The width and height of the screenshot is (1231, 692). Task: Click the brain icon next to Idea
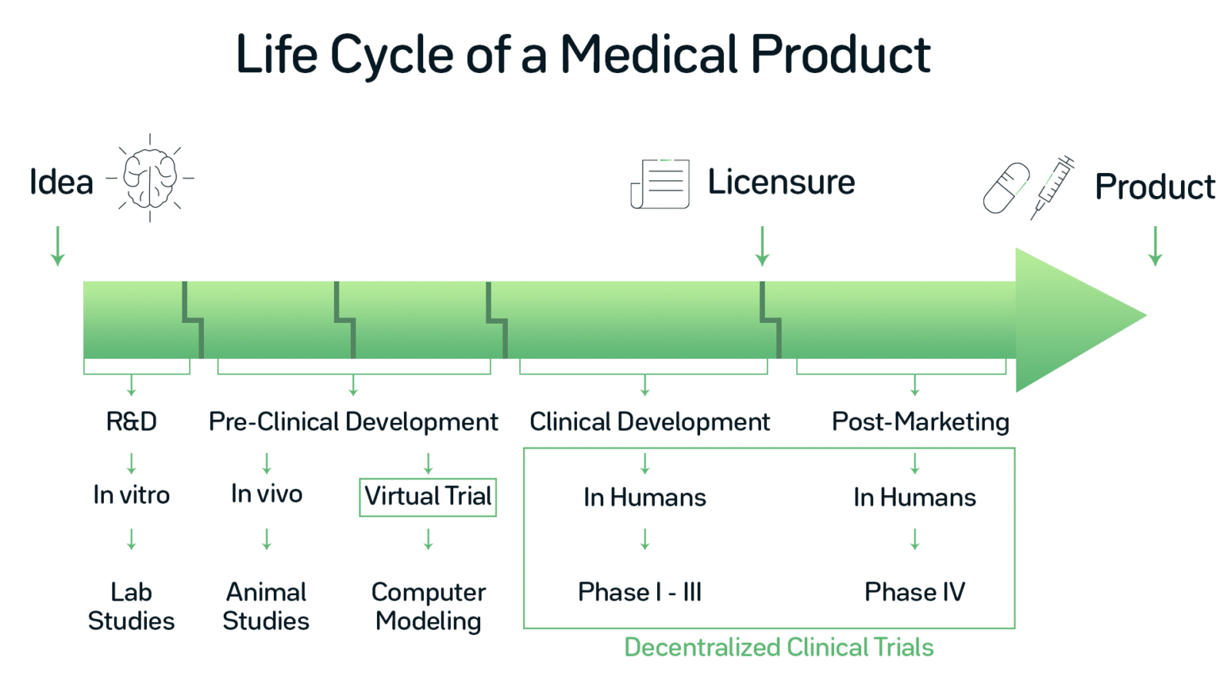point(150,178)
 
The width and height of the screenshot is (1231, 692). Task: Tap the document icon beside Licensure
point(660,184)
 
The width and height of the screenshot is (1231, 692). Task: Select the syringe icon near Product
point(1053,187)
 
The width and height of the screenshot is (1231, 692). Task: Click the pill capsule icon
point(1006,188)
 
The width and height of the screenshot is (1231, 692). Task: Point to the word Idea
point(61,183)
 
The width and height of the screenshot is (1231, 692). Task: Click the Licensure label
point(781,183)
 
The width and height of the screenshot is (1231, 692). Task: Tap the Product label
point(1154,187)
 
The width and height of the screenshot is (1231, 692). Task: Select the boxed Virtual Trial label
point(428,497)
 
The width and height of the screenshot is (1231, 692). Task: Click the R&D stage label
point(131,421)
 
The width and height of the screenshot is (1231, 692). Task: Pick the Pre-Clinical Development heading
point(353,421)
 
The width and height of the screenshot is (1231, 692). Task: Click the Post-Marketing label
point(920,421)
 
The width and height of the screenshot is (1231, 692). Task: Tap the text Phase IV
point(914,592)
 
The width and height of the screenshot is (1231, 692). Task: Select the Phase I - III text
point(639,592)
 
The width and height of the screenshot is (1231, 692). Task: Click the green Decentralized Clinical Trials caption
point(779,647)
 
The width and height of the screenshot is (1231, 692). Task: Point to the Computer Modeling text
point(428,606)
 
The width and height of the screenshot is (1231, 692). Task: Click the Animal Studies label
point(266,606)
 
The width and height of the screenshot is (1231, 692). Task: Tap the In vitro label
point(131,494)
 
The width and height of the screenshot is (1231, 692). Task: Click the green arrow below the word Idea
point(58,246)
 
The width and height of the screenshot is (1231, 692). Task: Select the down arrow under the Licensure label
point(762,246)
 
